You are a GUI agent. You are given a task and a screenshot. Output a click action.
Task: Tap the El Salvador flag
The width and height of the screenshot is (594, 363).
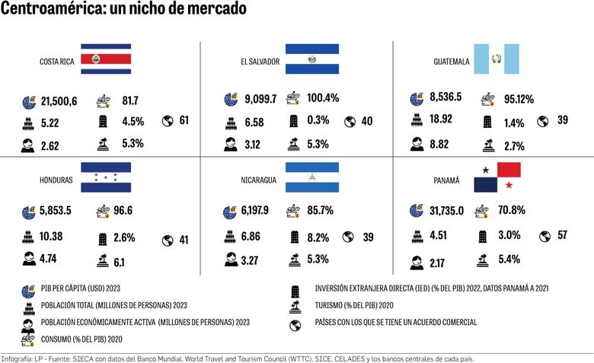311,59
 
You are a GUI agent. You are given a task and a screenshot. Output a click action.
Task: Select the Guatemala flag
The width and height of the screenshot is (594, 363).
496,59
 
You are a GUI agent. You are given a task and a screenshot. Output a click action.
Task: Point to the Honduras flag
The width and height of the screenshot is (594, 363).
106,177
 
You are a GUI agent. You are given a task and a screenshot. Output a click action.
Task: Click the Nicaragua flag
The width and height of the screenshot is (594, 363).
311,177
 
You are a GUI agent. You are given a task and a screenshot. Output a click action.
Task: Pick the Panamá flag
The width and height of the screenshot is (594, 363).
497,177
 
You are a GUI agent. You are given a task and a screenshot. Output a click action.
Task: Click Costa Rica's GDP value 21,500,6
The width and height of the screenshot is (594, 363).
59,100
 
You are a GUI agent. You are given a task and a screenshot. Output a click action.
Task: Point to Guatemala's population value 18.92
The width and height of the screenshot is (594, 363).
441,119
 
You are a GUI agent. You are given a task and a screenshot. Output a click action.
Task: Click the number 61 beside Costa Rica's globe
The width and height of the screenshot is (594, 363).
184,120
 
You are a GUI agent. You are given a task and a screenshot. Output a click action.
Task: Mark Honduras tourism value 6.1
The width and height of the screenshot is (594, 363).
120,263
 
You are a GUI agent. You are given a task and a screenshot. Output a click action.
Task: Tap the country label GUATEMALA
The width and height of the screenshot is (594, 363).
451,62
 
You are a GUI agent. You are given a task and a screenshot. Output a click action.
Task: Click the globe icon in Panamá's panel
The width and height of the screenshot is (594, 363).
544,235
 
